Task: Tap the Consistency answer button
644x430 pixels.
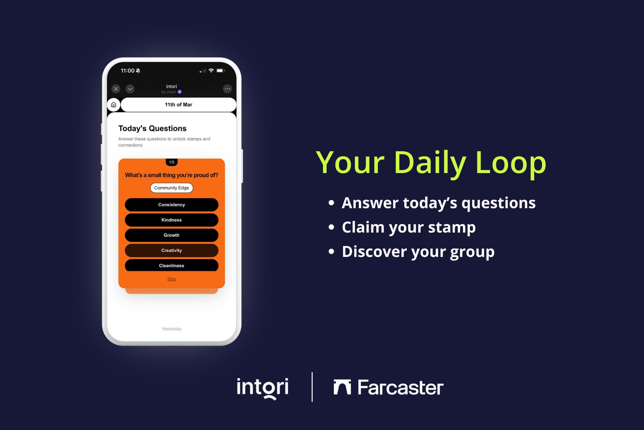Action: click(171, 205)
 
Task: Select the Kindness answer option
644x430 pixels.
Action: click(171, 220)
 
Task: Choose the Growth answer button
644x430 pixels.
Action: click(171, 235)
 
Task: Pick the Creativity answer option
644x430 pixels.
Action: click(171, 250)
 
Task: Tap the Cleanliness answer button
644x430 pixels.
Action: click(171, 265)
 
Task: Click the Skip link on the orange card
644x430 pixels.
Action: click(171, 279)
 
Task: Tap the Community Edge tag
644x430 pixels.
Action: click(171, 188)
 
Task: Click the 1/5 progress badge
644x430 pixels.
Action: click(172, 162)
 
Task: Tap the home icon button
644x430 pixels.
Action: click(113, 105)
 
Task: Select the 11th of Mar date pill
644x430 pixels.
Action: click(179, 105)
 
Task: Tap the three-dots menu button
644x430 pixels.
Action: click(227, 89)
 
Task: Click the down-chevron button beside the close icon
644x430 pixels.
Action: click(130, 89)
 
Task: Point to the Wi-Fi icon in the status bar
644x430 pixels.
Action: click(211, 71)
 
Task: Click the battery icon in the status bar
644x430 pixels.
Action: click(220, 71)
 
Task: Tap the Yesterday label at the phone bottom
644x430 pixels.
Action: click(171, 329)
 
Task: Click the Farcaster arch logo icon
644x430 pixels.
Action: click(342, 387)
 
